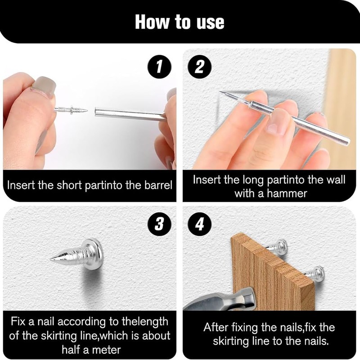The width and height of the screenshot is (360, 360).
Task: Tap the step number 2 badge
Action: pyautogui.click(x=199, y=67)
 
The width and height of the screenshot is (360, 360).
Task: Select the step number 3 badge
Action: pyautogui.click(x=159, y=224)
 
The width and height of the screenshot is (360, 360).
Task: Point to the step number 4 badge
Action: pyautogui.click(x=199, y=224)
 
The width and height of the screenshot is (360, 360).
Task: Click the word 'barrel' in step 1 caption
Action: pyautogui.click(x=158, y=185)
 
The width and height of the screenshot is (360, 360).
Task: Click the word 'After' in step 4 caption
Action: pyautogui.click(x=215, y=327)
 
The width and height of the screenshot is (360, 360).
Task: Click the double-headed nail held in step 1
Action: pyautogui.click(x=71, y=110)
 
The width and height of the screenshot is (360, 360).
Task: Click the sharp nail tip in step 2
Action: pyautogui.click(x=220, y=92)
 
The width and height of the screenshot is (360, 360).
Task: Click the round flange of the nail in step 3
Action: pyautogui.click(x=95, y=252)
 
